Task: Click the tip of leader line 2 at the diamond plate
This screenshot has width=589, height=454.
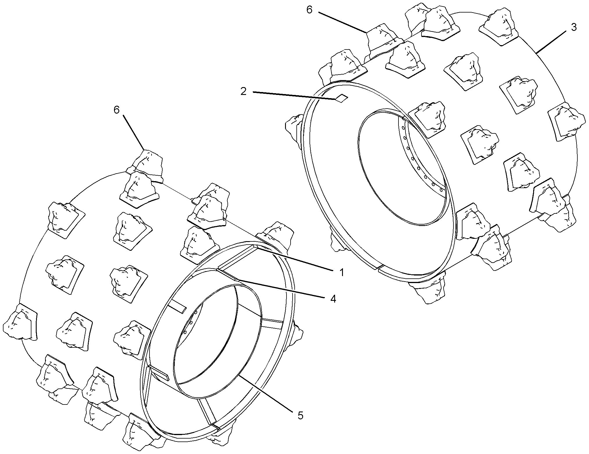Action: pyautogui.click(x=337, y=100)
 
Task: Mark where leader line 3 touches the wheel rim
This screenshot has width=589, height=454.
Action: pyautogui.click(x=536, y=53)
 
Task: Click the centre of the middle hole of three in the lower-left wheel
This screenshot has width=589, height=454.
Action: pyautogui.click(x=191, y=322)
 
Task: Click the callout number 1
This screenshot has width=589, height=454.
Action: pyautogui.click(x=342, y=272)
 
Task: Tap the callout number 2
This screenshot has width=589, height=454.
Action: pyautogui.click(x=243, y=91)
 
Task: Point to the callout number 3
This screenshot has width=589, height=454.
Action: pyautogui.click(x=573, y=27)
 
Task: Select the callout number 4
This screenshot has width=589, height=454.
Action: pyautogui.click(x=333, y=298)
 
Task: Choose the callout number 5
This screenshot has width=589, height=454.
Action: pyautogui.click(x=300, y=415)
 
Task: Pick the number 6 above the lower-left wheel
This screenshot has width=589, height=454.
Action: pyautogui.click(x=117, y=110)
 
